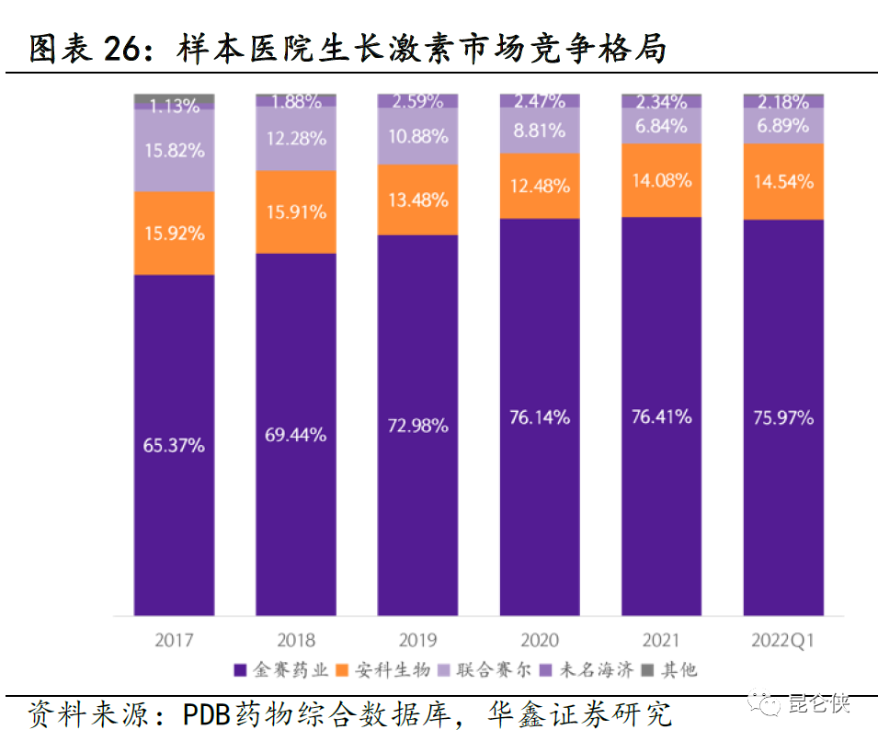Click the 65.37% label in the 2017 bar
(x=174, y=446)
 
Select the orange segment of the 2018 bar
(x=295, y=212)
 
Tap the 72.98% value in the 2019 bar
(x=417, y=426)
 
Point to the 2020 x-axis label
(x=540, y=640)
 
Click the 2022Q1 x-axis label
(x=783, y=640)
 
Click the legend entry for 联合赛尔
(x=489, y=670)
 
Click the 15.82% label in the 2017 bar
(x=174, y=150)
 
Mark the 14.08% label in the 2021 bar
(x=661, y=181)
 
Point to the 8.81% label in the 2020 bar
(x=540, y=131)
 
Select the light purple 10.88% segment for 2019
(x=417, y=136)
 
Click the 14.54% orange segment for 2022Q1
(x=783, y=182)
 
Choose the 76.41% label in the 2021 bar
(x=661, y=416)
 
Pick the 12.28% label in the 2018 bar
(x=295, y=139)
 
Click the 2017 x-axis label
(x=174, y=640)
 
